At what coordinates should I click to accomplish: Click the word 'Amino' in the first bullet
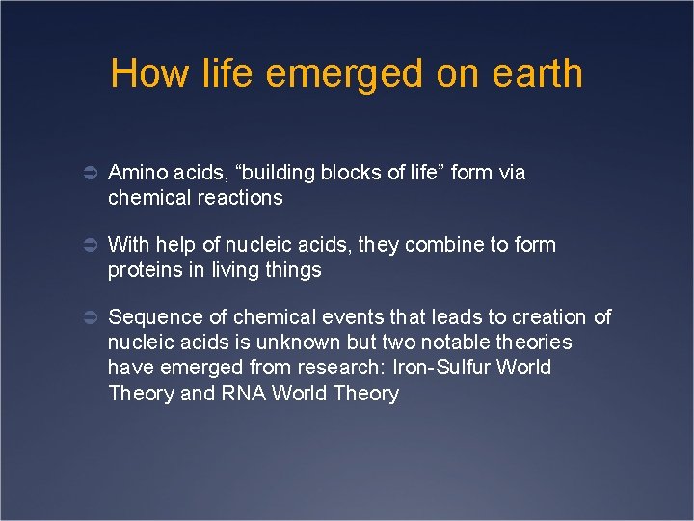(136, 173)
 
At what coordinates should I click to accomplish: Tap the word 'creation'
(548, 317)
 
